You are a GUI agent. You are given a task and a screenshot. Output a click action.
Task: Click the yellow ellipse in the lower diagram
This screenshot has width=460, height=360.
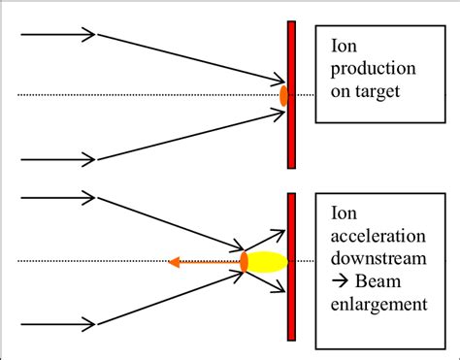(x=269, y=261)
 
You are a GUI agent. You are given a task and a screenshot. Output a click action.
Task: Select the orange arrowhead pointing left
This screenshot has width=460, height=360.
(x=174, y=261)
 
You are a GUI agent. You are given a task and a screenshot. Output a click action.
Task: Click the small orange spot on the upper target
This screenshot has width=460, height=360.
(x=283, y=95)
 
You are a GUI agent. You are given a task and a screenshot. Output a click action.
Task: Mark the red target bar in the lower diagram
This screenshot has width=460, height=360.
(x=291, y=311)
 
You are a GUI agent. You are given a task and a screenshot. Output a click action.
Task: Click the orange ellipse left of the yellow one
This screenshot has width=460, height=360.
(x=245, y=261)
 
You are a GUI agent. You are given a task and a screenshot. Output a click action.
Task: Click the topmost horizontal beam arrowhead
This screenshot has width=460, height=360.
(x=89, y=35)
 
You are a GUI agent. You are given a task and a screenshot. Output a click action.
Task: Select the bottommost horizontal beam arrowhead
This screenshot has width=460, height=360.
(x=89, y=324)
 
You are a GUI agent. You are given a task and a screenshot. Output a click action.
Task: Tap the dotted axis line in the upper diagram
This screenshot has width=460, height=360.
(x=146, y=95)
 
